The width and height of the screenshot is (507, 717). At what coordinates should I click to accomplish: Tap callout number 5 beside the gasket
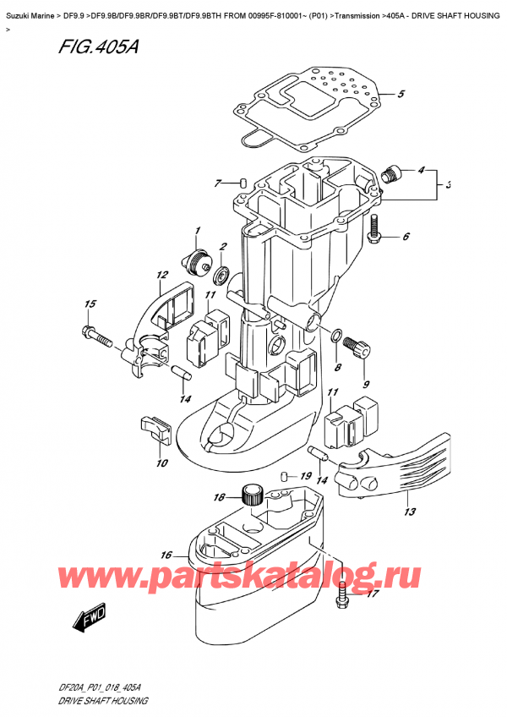pyautogui.click(x=402, y=94)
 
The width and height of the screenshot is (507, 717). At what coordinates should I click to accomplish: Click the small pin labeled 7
pyautogui.click(x=243, y=183)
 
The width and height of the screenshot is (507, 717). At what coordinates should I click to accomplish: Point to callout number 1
pyautogui.click(x=196, y=231)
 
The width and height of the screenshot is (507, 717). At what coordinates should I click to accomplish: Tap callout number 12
pyautogui.click(x=161, y=275)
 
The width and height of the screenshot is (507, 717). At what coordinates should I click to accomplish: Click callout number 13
pyautogui.click(x=410, y=512)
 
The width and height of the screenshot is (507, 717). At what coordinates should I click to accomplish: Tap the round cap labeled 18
pyautogui.click(x=251, y=493)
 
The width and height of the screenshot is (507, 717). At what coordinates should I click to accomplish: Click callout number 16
pyautogui.click(x=166, y=556)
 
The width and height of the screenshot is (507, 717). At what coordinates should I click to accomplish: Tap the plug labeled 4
pyautogui.click(x=389, y=176)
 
